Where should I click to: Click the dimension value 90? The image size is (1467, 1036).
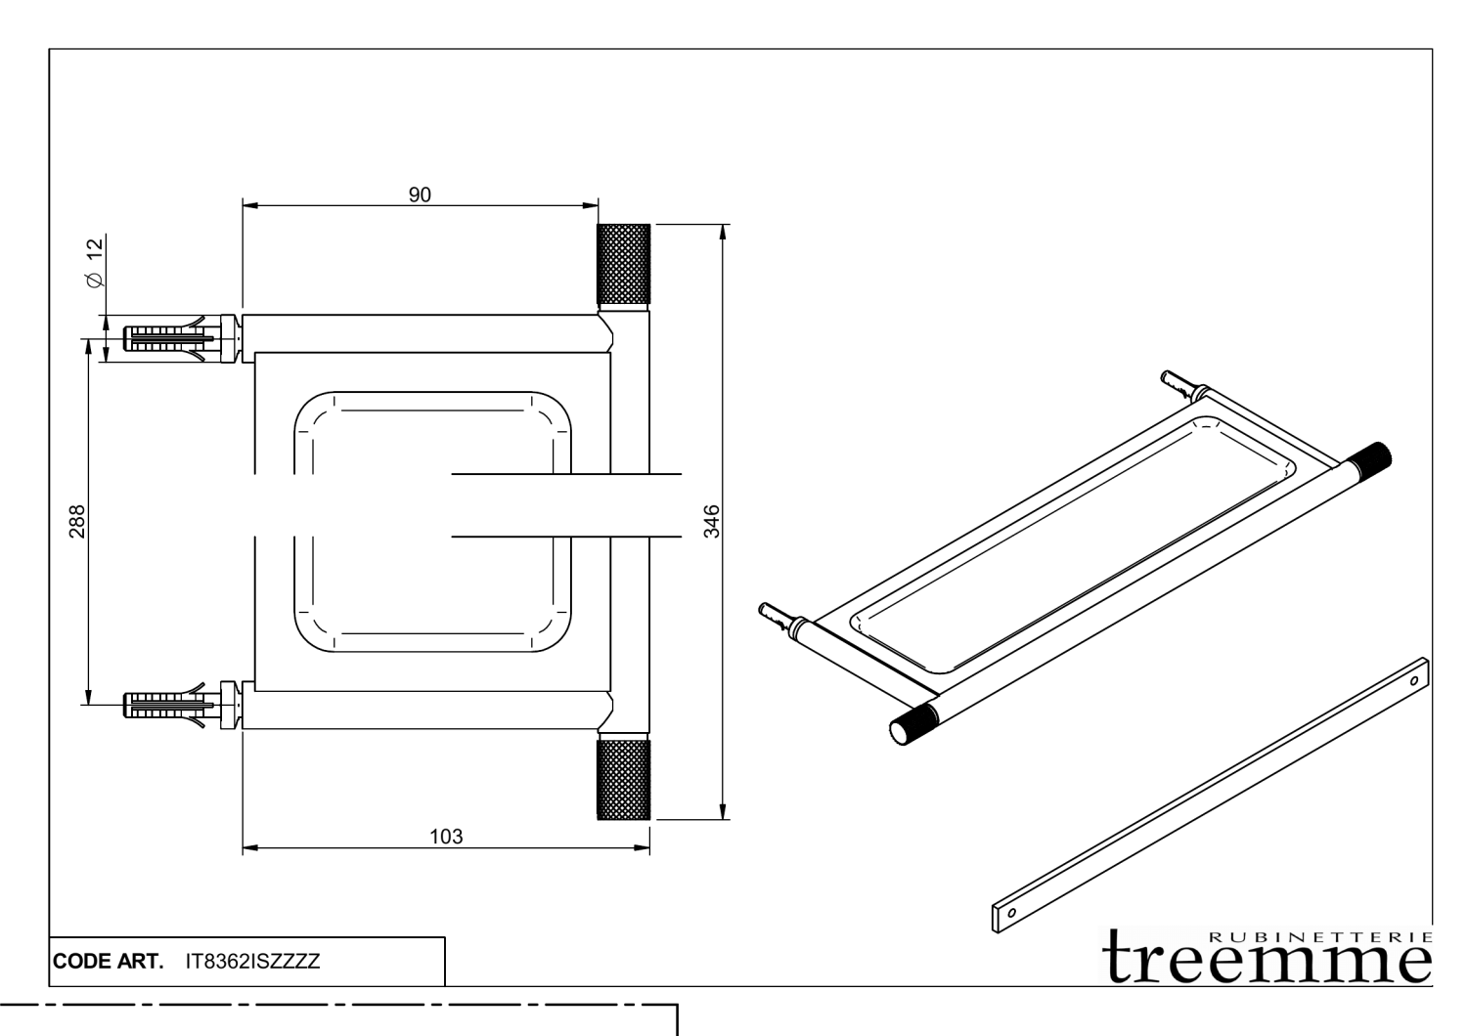[x=420, y=194]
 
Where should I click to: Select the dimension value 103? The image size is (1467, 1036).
[x=446, y=837]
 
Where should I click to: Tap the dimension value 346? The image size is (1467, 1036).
[x=712, y=521]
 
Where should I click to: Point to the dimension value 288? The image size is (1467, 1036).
[x=78, y=521]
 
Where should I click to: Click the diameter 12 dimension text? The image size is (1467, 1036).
[x=95, y=262]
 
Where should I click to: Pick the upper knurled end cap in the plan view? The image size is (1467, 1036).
[x=623, y=264]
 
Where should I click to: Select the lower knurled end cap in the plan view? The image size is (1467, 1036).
[x=623, y=779]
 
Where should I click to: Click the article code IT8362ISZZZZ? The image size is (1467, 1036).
[x=253, y=961]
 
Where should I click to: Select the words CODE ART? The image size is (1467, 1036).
[x=108, y=961]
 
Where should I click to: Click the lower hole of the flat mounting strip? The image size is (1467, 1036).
[x=1010, y=911]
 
